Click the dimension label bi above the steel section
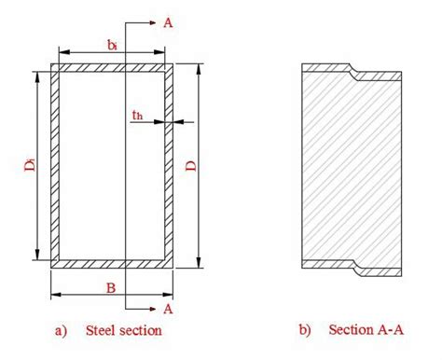[x=112, y=44]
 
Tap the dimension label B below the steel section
[x=110, y=288]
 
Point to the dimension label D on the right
[x=189, y=166]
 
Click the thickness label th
[x=137, y=116]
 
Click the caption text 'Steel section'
[x=123, y=330]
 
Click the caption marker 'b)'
[x=305, y=330]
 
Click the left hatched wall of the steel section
[x=55, y=166]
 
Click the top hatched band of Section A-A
[x=326, y=68]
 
